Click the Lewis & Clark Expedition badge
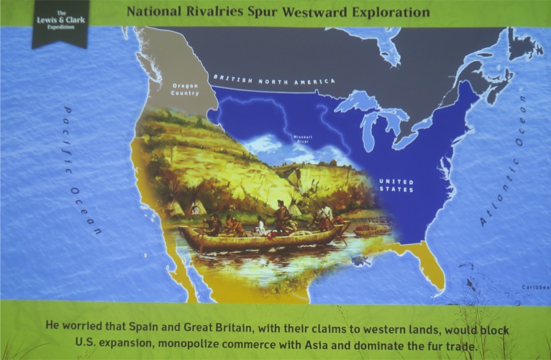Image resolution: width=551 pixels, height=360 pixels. point(60,23)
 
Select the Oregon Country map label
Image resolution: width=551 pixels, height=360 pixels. point(185,89)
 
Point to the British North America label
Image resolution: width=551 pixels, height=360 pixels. point(274,80)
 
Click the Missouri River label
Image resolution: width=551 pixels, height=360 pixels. point(302,139)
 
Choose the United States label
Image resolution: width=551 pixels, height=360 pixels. point(396,186)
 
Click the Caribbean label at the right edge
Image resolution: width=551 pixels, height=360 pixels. point(536,288)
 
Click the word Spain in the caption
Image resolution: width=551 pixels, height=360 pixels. point(141,327)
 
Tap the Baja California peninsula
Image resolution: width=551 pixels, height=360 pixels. point(179,266)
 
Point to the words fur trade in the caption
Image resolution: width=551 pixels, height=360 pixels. point(455,346)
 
